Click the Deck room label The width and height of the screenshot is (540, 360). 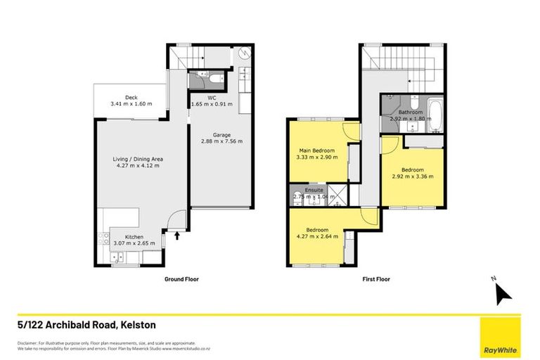(131, 98)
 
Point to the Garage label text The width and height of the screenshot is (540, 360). (222, 134)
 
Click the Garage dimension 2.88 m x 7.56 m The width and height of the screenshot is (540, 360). (222, 141)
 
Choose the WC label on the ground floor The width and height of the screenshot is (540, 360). (211, 98)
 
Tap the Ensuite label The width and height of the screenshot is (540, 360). (314, 190)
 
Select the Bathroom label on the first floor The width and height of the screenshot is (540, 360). (411, 112)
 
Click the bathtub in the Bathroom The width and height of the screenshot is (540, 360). (435, 112)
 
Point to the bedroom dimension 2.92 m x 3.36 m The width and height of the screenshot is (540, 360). (413, 176)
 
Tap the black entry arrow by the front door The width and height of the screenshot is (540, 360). (176, 236)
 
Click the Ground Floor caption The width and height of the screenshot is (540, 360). (181, 279)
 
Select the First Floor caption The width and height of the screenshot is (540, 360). (375, 279)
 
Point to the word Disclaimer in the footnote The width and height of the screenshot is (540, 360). (30, 342)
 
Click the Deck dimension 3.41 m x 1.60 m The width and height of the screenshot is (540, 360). (131, 105)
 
